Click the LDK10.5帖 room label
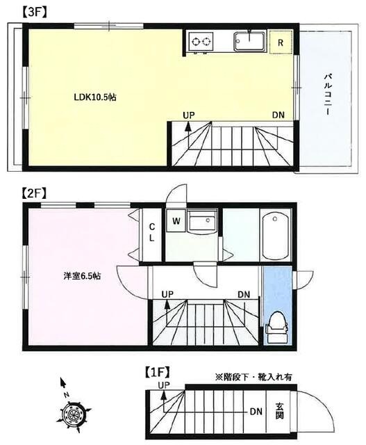pos(94,98)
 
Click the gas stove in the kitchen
pos(202,41)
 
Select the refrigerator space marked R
pos(281,42)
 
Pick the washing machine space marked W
pos(177,222)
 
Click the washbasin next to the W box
pos(203,222)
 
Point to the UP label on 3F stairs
pos(189,115)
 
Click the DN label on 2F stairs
pos(244,294)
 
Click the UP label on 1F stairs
pos(164,385)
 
